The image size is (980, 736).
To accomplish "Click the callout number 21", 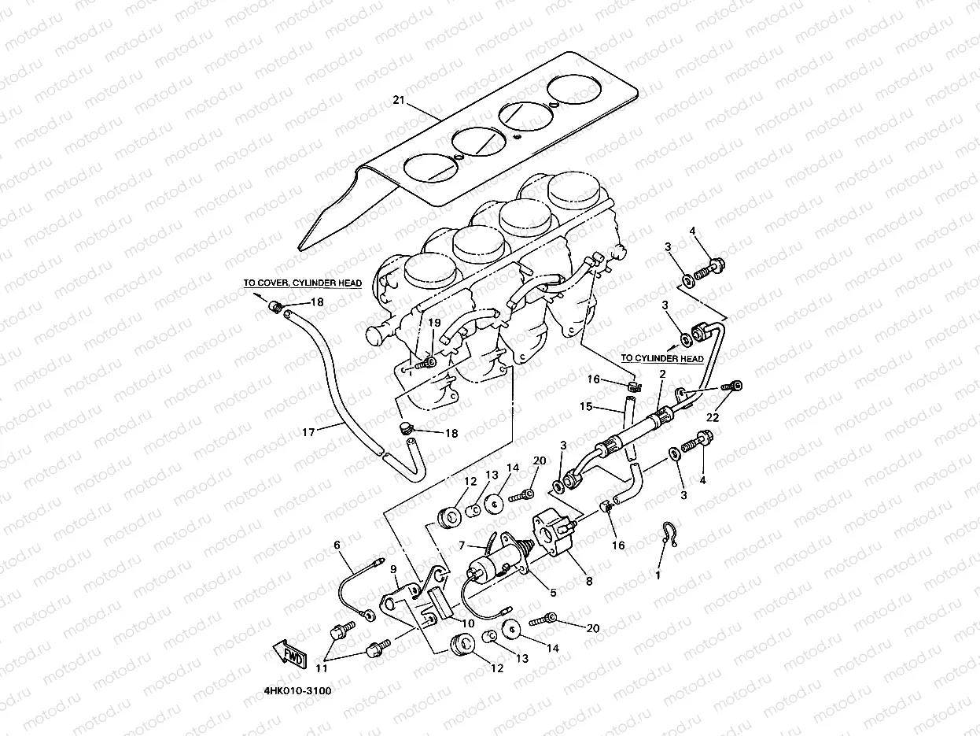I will coord(397,100).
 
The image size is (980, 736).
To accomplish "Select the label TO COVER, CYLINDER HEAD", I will coord(302,283).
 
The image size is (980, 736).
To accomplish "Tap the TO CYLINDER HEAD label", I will coord(661,358).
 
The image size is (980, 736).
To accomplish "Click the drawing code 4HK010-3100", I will coord(298,691).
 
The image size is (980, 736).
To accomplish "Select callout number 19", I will coord(434,323).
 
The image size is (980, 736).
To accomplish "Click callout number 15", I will coord(585,406).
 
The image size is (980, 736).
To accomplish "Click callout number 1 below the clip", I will coord(658,575).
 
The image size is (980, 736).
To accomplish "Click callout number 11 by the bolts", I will coord(321,668).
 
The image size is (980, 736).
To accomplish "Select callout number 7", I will coord(463,545).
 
